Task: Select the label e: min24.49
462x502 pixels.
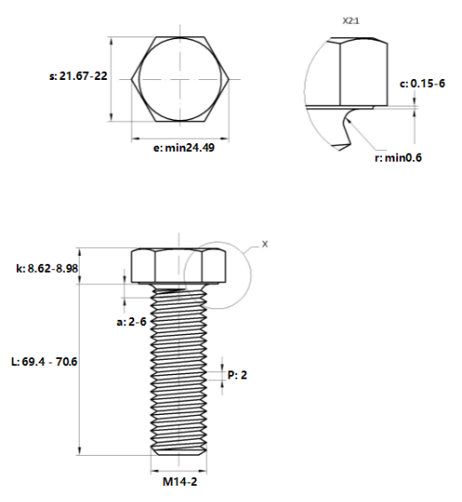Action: (x=182, y=148)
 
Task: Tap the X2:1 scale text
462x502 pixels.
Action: (x=354, y=18)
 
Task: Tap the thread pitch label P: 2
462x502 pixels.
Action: (x=237, y=375)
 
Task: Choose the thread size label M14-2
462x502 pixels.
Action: (x=180, y=484)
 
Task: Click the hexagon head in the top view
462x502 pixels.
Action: (x=181, y=79)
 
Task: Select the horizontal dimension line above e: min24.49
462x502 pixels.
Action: (x=181, y=138)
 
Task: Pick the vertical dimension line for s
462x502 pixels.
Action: (x=110, y=78)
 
